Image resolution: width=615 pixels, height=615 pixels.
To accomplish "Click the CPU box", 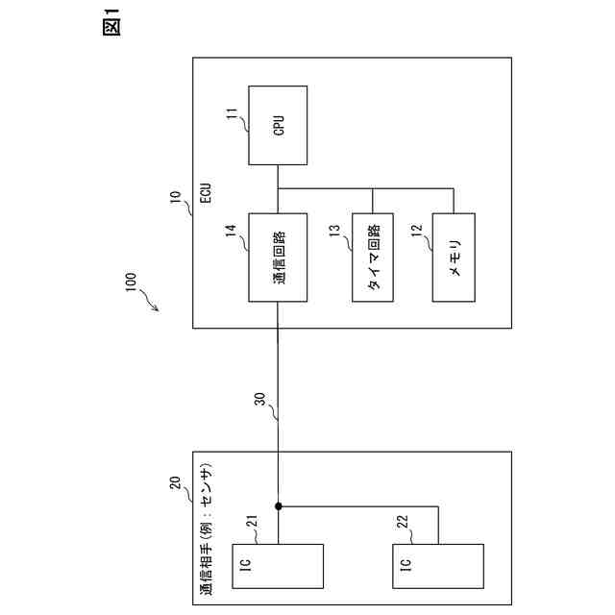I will click(278, 125).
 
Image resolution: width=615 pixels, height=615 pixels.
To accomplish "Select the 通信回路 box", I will click(278, 257).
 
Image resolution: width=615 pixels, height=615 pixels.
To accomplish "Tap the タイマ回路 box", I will click(374, 257).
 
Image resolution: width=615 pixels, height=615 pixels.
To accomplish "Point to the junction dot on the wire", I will click(278, 505).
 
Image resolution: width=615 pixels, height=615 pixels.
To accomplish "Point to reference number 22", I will click(403, 523).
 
